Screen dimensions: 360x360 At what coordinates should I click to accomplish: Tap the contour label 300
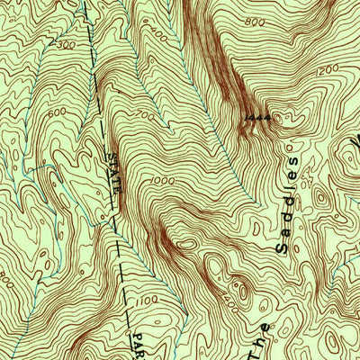coord(64,44)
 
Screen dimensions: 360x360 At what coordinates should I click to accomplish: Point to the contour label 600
coord(33,112)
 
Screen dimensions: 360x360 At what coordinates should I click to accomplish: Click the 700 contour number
coord(144,116)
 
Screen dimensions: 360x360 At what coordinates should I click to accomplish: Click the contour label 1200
coord(327,68)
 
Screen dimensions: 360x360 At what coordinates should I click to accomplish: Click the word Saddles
coord(288,202)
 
